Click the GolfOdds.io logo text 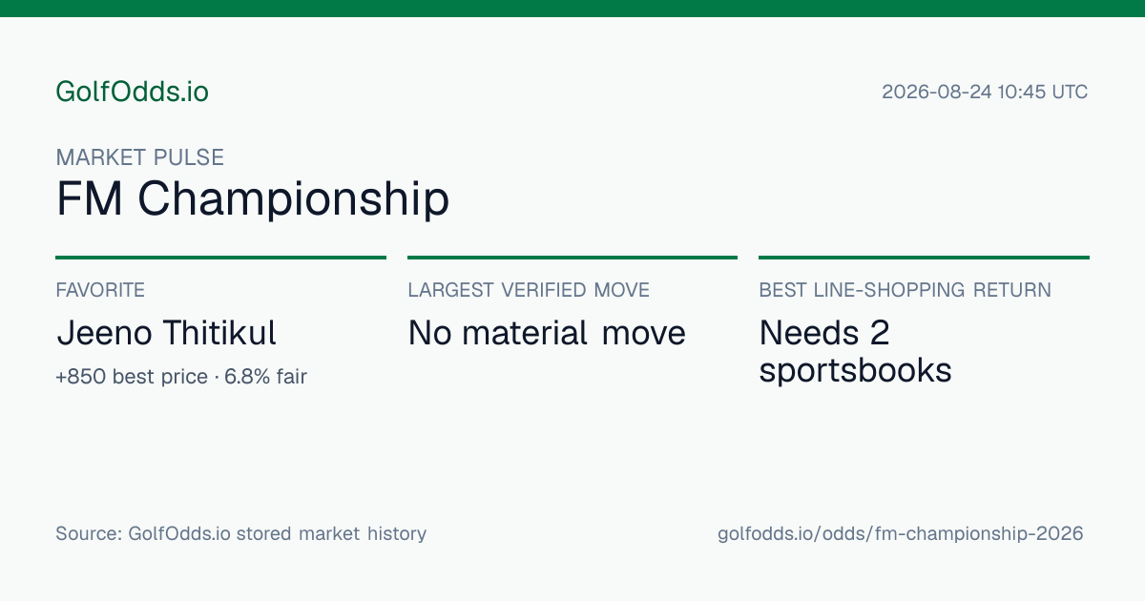click(x=132, y=92)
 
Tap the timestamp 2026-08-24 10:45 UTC click(x=985, y=92)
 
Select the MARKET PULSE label click(x=139, y=157)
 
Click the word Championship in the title click(x=294, y=199)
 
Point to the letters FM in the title click(x=89, y=198)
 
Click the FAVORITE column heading click(x=100, y=290)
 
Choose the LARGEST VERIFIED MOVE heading click(x=529, y=290)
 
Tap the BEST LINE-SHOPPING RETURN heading click(x=905, y=290)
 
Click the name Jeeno click(x=104, y=333)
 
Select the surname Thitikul click(x=219, y=333)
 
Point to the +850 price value click(x=81, y=377)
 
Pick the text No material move click(x=547, y=333)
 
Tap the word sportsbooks click(x=855, y=370)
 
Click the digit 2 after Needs click(x=880, y=333)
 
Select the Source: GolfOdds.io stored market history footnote click(x=240, y=533)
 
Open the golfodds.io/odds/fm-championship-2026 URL click(x=900, y=534)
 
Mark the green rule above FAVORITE click(x=220, y=258)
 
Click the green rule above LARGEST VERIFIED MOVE click(x=572, y=258)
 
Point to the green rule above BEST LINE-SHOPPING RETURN click(x=925, y=258)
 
